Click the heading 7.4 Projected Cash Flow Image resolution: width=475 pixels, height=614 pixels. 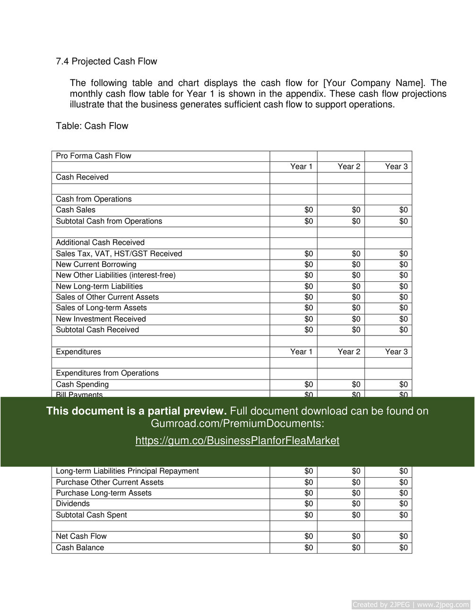coord(106,61)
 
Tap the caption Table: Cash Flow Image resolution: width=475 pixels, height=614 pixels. coord(92,126)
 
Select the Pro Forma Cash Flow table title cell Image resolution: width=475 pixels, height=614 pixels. coord(94,156)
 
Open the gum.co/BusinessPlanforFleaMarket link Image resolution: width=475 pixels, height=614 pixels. coord(237,441)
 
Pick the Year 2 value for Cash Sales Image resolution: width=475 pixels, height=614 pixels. coord(356,210)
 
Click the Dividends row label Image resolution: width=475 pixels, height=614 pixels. coord(73,504)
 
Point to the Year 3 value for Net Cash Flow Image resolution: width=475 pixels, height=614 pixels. coord(403,536)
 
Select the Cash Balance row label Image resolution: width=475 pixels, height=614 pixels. coord(80,547)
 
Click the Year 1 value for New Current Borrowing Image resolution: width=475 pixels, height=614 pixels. coord(309,264)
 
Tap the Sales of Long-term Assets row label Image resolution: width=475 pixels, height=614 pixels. coord(101,308)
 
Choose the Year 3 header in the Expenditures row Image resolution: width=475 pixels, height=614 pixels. coord(396,352)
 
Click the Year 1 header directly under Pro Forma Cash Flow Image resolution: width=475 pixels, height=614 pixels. coord(301,167)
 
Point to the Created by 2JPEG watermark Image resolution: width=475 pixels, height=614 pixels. coord(411,605)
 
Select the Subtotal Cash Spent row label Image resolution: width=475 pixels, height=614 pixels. coord(91,515)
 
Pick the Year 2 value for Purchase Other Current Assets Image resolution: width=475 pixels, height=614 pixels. coord(356,482)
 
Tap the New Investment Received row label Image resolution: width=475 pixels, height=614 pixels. coord(101,319)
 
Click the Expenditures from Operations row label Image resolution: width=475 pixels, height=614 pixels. coord(107,373)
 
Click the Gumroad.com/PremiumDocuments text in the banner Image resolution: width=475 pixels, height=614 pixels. coord(237,424)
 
